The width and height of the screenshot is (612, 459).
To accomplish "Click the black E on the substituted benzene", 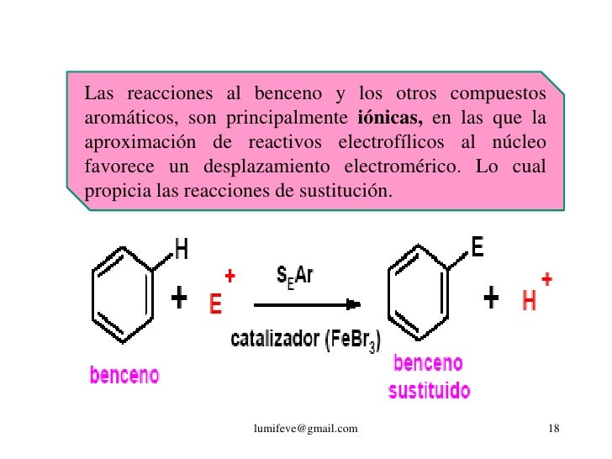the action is (477, 247).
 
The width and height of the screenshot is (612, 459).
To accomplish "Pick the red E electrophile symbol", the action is (216, 303).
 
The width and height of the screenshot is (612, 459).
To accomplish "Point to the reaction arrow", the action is (307, 303).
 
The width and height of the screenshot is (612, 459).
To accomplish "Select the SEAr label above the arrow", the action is (295, 276).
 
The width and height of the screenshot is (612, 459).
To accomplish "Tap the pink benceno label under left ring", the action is (124, 375).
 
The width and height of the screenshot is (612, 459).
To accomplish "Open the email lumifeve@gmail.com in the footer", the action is (305, 430).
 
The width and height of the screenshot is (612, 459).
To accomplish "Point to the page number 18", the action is (552, 430).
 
